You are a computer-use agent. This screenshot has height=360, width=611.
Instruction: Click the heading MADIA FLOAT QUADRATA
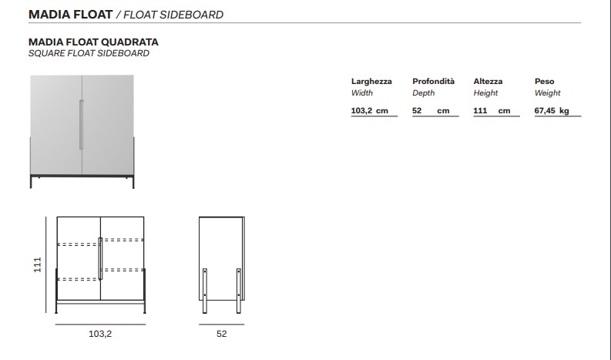[x=93, y=42]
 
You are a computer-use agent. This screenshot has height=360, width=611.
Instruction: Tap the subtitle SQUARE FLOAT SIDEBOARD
[x=89, y=53]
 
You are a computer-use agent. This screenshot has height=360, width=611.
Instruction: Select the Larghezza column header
[x=371, y=82]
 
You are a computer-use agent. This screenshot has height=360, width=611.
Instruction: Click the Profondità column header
[x=433, y=81]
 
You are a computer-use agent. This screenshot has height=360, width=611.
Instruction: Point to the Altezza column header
[x=488, y=81]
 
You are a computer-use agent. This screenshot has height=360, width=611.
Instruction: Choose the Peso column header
[x=545, y=81]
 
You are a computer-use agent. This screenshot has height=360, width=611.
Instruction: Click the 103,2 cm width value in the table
[x=369, y=110]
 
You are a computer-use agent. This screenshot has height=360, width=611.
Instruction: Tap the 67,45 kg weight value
[x=552, y=110]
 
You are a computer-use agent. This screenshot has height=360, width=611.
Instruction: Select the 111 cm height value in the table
[x=492, y=110]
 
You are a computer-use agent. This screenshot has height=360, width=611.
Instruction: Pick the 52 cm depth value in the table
[x=431, y=110]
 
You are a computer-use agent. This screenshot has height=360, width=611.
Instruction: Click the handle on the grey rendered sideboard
[x=82, y=125]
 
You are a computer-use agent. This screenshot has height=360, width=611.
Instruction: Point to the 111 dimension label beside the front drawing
[x=38, y=264]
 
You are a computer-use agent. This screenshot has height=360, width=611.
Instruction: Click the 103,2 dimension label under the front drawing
[x=100, y=334]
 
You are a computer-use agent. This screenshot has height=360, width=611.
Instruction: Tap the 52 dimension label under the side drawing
[x=221, y=334]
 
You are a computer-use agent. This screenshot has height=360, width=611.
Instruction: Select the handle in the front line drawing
[x=100, y=258]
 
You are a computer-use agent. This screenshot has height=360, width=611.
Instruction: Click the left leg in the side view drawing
[x=205, y=291]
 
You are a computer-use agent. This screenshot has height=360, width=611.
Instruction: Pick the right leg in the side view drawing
[x=239, y=291]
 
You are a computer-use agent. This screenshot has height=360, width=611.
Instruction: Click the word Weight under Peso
[x=548, y=93]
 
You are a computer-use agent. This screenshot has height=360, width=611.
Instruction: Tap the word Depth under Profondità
[x=424, y=93]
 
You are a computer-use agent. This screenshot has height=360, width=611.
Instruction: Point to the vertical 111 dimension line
[x=46, y=265]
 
